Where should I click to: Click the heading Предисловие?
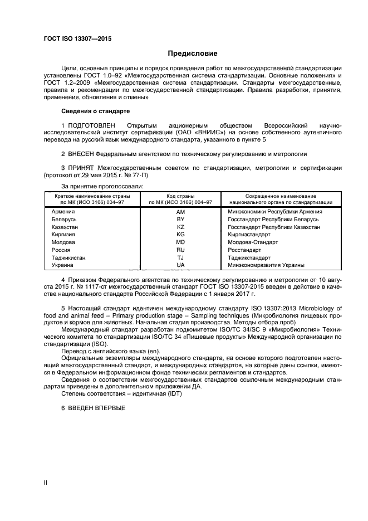(193, 53)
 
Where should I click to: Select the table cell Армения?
(63, 212)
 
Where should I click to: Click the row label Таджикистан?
(68, 258)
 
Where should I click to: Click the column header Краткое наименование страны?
(92, 196)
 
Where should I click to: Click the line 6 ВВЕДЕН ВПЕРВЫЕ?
(93, 408)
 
